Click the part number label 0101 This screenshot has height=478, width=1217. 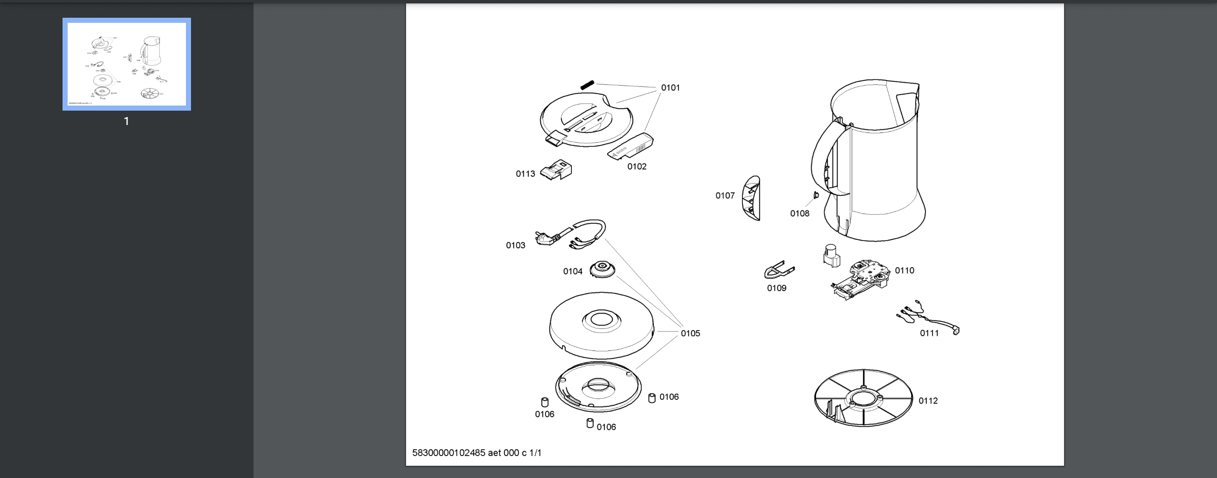[670, 88]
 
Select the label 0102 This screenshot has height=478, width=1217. [636, 166]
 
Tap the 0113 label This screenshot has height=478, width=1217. [525, 174]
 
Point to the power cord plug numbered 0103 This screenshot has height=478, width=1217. [548, 237]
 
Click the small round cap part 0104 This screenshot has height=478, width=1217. [602, 269]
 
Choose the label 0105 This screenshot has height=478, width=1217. [690, 333]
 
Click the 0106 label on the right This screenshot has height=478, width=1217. [669, 397]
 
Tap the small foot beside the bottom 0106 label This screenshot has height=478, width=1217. [590, 423]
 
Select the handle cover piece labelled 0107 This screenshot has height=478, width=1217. [751, 198]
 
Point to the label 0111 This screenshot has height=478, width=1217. [929, 333]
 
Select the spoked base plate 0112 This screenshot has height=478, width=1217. [863, 398]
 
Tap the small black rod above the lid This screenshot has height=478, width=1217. [587, 85]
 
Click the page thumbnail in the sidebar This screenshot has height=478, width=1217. [127, 64]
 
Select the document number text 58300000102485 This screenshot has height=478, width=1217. [448, 453]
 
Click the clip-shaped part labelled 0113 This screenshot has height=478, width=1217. [556, 170]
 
